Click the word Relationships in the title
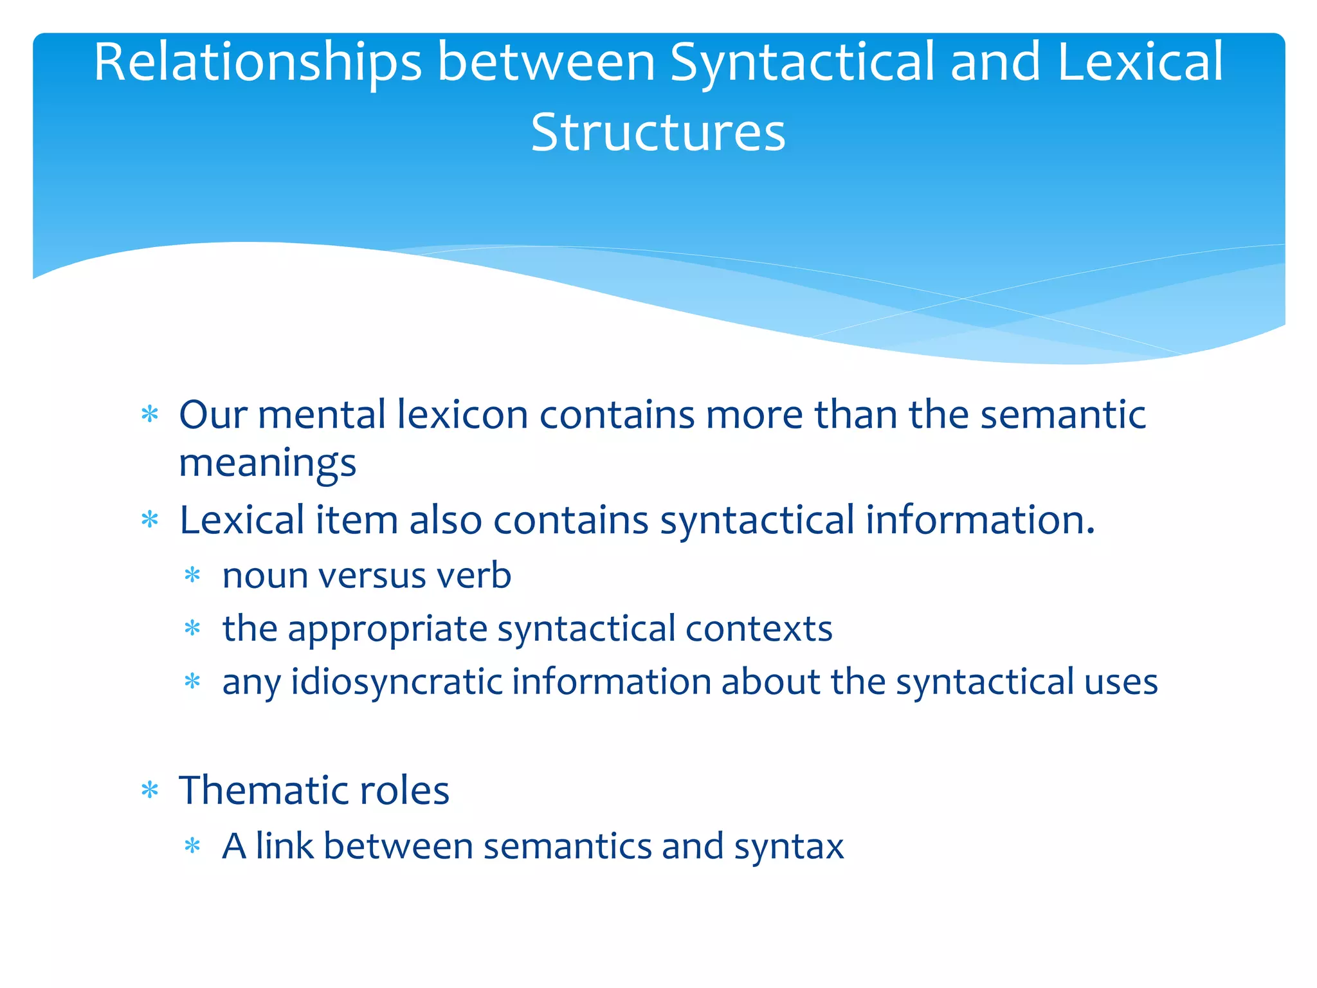click(x=257, y=63)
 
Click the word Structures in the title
click(x=658, y=133)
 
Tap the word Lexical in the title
click(x=1140, y=62)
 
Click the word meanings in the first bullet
click(x=267, y=463)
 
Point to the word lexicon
click(x=462, y=415)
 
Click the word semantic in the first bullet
click(x=1062, y=415)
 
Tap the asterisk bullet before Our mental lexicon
click(x=150, y=415)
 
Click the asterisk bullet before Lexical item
click(x=150, y=520)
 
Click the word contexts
click(x=758, y=628)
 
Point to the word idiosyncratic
click(x=396, y=682)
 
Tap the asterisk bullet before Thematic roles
click(x=150, y=790)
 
